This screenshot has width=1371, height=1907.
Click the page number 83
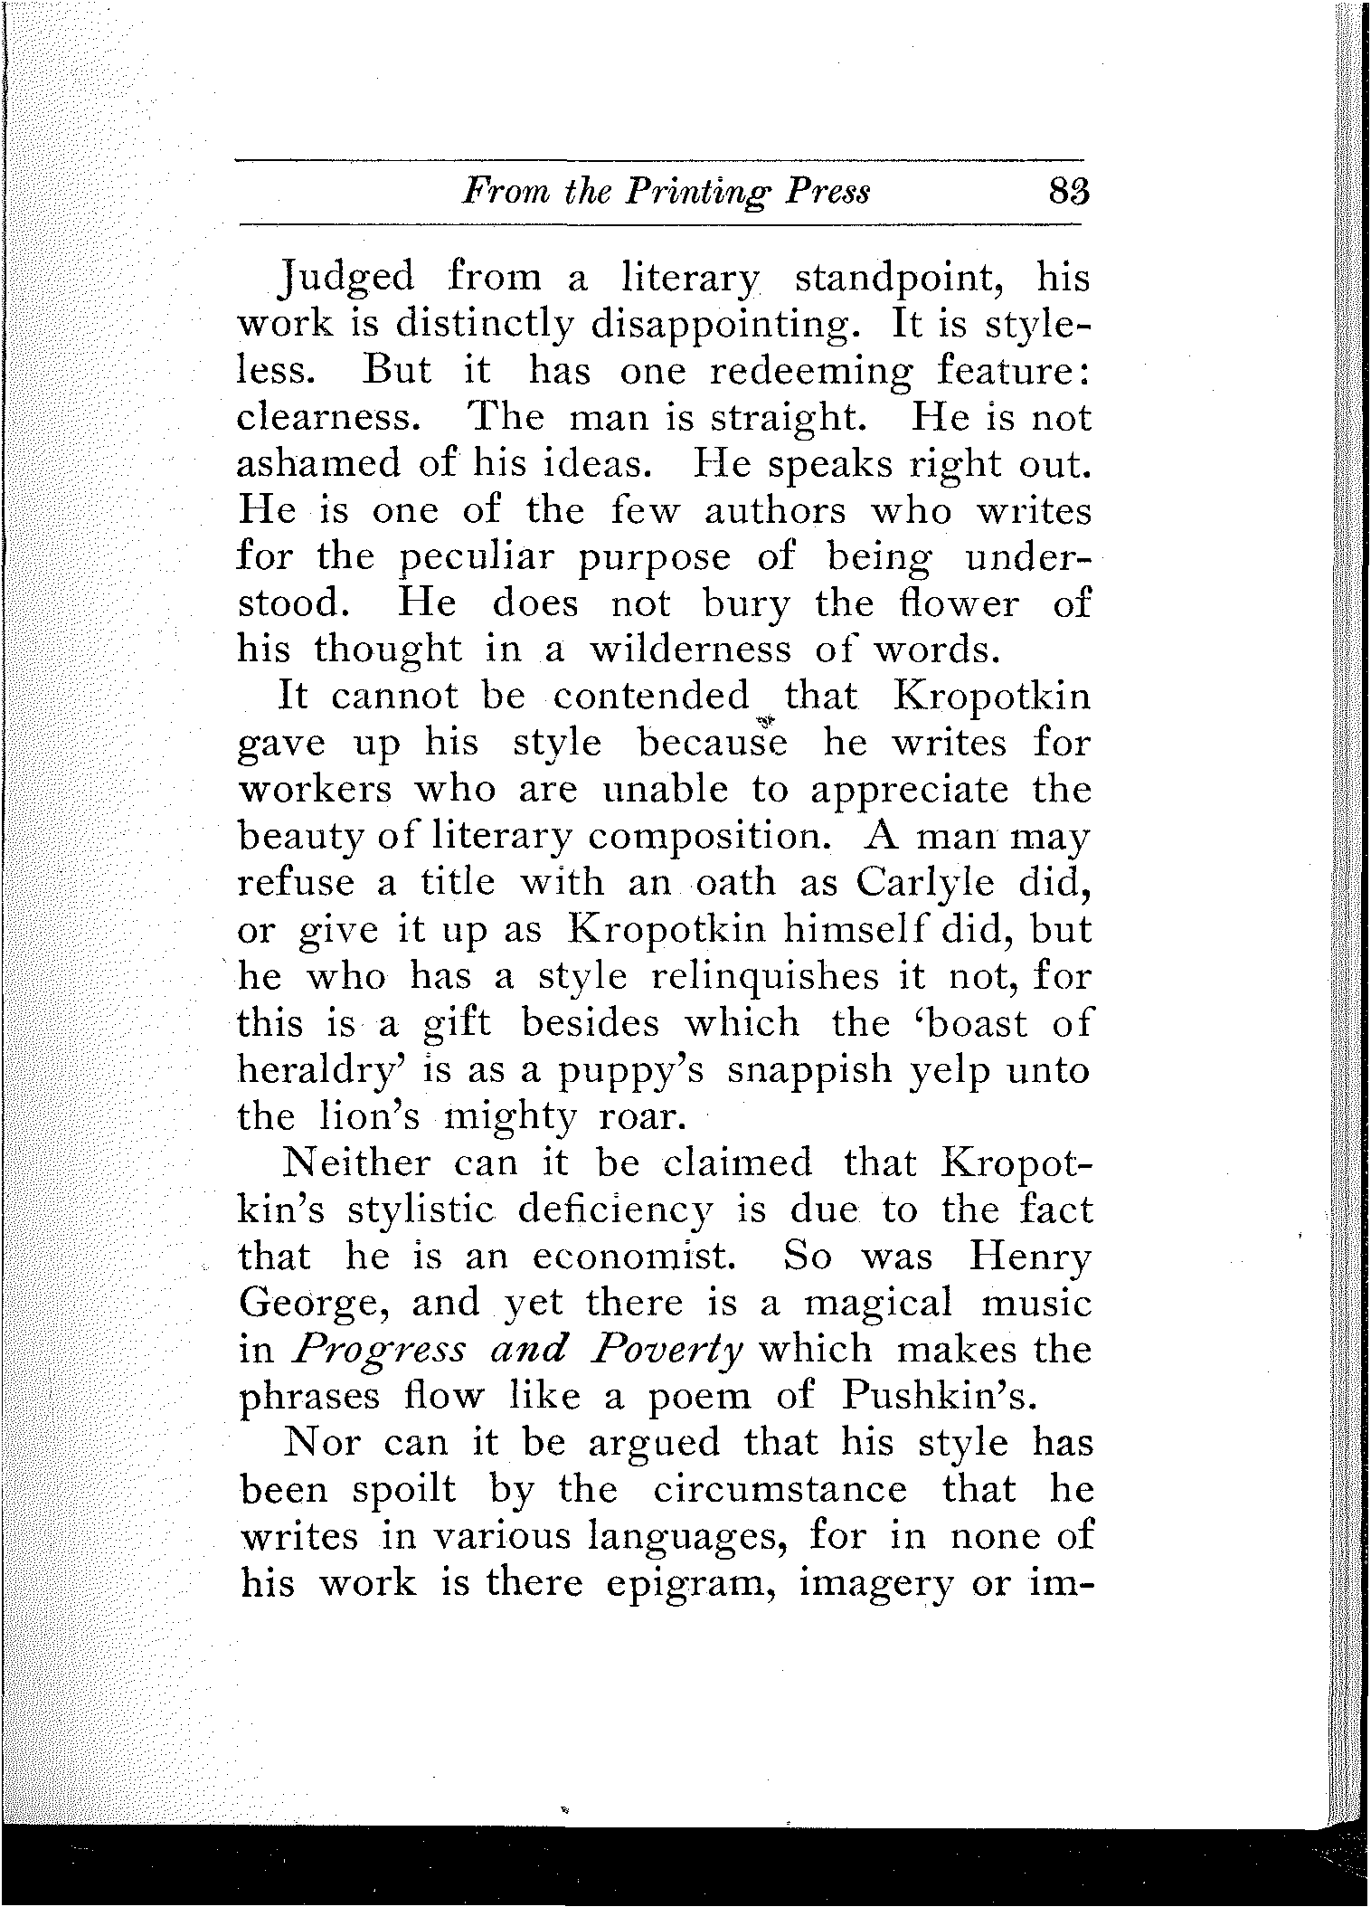click(x=1067, y=193)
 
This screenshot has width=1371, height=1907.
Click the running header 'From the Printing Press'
click(x=666, y=193)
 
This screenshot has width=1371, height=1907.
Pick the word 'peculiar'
click(x=477, y=557)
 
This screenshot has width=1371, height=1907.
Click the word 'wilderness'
click(x=690, y=650)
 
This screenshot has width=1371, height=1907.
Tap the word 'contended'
click(x=652, y=696)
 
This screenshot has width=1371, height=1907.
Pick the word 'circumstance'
click(x=779, y=1490)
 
